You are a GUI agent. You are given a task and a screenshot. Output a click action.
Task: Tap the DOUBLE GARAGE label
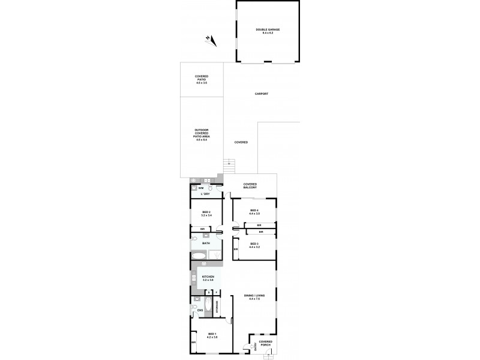268,31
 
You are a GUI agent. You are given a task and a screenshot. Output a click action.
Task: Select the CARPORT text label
261,94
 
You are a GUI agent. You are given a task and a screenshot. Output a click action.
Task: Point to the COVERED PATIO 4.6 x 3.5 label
201,79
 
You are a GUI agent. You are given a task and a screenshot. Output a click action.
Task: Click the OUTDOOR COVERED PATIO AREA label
201,135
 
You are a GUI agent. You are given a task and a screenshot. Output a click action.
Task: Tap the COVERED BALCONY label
250,186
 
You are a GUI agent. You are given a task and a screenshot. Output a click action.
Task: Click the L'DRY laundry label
204,194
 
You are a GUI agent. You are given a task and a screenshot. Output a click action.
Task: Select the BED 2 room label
206,214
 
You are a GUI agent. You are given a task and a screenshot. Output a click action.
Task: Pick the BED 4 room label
254,212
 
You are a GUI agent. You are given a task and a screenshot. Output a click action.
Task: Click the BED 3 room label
254,245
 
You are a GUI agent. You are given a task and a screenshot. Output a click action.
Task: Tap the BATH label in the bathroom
206,243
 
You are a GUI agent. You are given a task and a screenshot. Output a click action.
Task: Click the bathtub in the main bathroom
199,256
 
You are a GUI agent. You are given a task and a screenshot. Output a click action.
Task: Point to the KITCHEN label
208,278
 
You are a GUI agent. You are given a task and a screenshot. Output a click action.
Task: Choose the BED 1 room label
211,335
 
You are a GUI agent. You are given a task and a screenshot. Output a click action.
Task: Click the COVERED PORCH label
266,343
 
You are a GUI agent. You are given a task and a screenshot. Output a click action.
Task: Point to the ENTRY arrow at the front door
254,346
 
